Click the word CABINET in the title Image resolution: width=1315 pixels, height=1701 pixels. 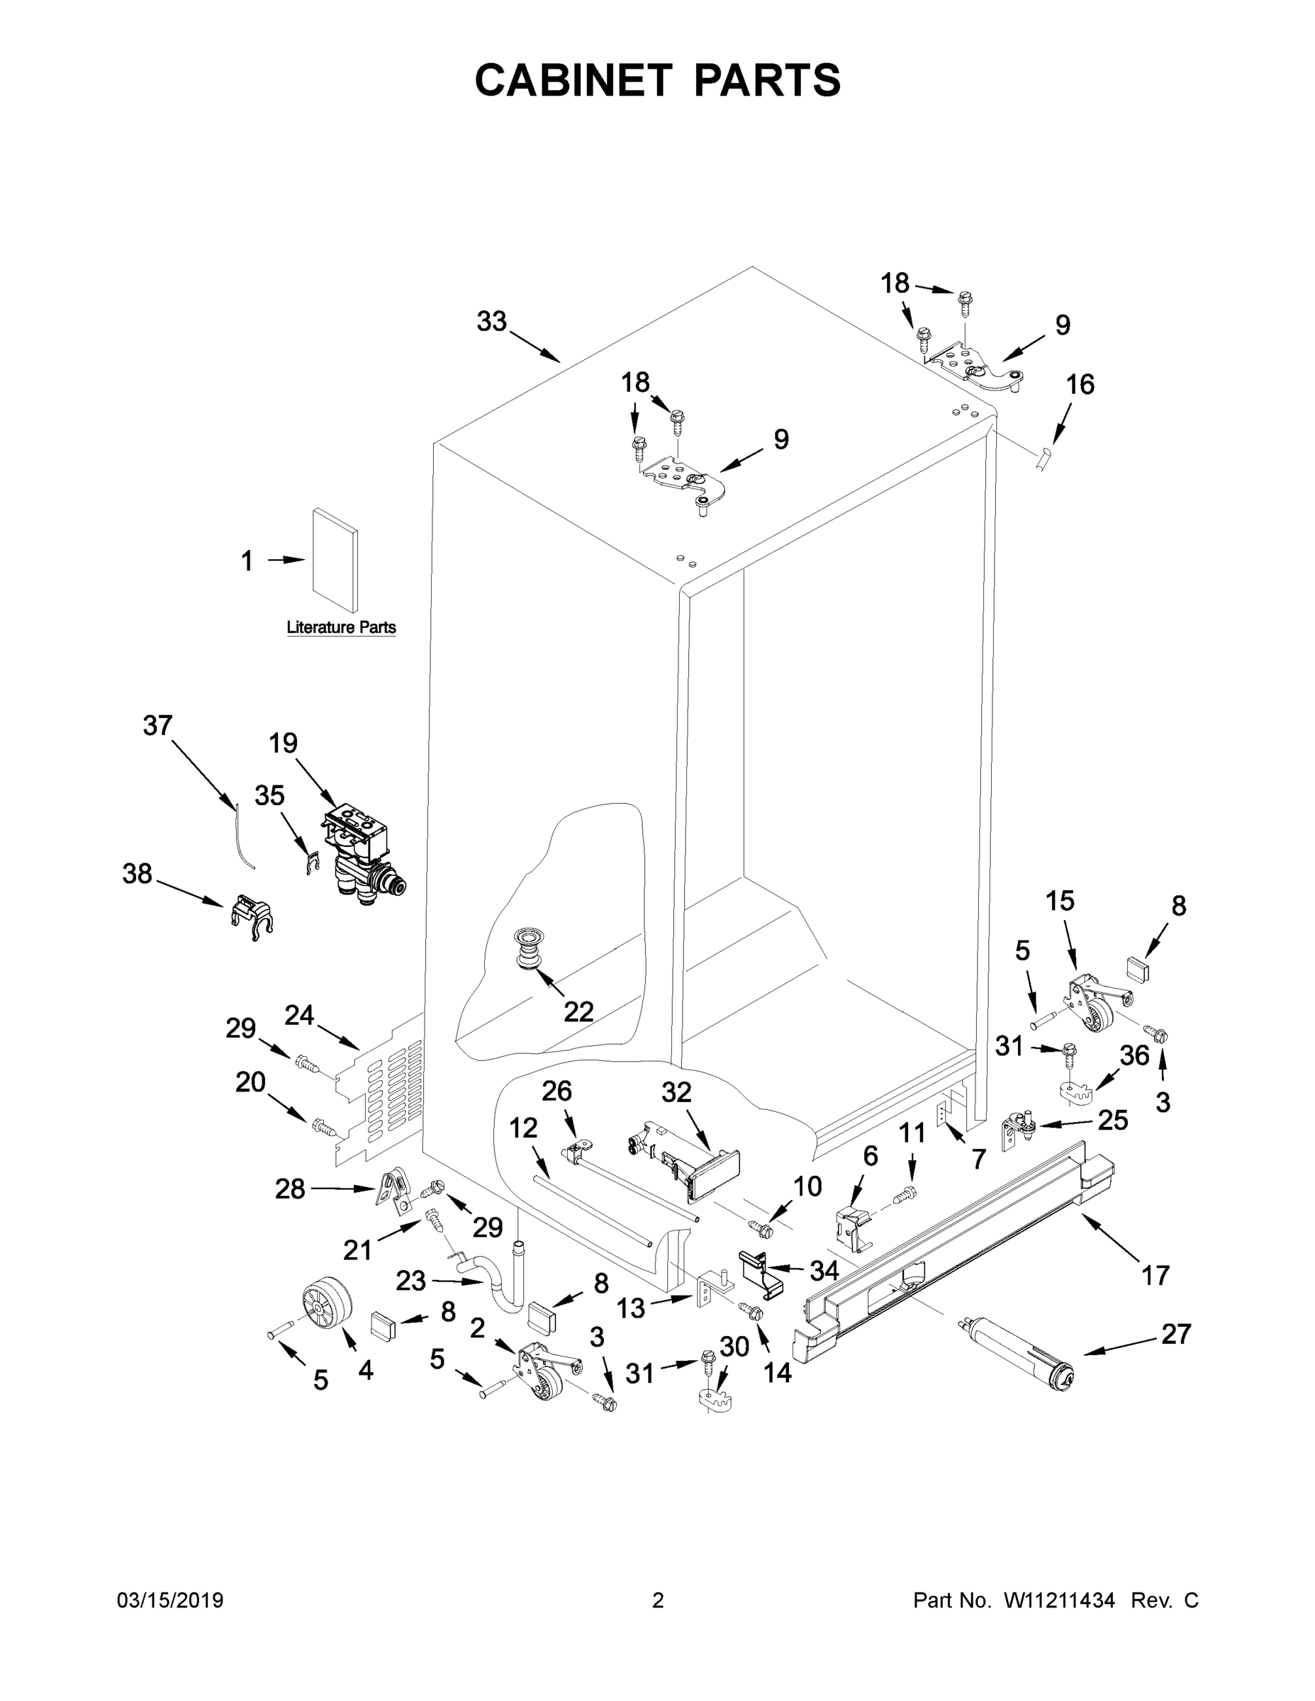tap(573, 80)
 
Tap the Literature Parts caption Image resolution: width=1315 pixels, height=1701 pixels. tap(341, 627)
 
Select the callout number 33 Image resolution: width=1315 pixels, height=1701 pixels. tap(491, 321)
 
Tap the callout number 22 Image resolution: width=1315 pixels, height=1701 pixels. tap(579, 1011)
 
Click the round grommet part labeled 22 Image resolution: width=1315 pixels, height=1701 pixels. tap(531, 948)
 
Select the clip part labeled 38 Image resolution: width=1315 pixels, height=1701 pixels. tap(254, 916)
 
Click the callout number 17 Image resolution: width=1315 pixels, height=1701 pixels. tap(1155, 1275)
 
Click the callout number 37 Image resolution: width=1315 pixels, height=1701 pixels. tap(157, 725)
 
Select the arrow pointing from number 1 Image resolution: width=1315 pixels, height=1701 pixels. tap(286, 560)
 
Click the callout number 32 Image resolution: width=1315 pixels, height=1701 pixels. tap(676, 1093)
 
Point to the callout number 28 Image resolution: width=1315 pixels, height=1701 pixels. tap(290, 1189)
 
